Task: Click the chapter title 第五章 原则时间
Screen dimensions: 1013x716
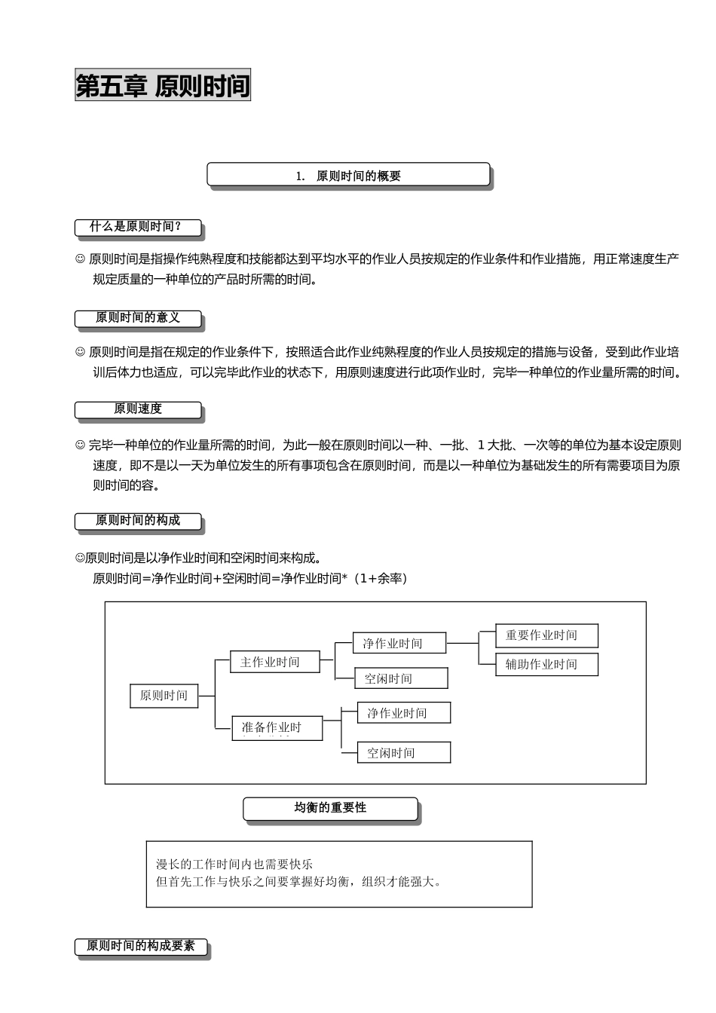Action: click(163, 86)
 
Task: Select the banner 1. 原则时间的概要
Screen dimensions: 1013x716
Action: click(348, 176)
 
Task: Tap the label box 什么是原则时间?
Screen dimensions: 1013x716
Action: click(138, 227)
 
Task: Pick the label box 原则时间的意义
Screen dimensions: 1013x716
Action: click(138, 318)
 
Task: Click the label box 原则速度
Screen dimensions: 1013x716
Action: click(138, 409)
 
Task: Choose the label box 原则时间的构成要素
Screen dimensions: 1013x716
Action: click(140, 946)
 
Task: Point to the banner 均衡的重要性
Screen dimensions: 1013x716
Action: click(330, 808)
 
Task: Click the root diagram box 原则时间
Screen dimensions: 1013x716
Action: click(164, 696)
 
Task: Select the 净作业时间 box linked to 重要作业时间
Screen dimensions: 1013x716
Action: click(399, 643)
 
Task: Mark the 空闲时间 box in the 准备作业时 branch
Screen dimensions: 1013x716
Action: click(403, 752)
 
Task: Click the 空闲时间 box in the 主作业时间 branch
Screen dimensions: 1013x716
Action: click(401, 678)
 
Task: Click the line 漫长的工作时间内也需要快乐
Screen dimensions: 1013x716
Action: click(234, 864)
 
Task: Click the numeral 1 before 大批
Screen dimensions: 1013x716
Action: click(481, 445)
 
